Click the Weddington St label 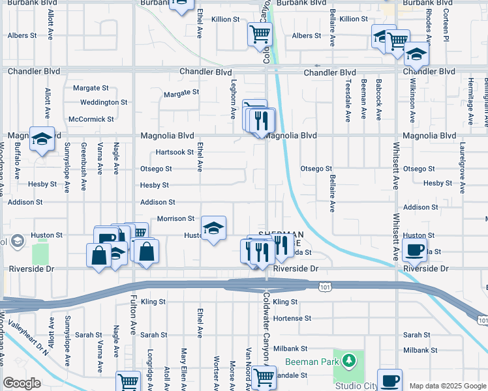click(x=104, y=102)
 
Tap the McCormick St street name click(x=91, y=119)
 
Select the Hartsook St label click(x=175, y=152)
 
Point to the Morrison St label click(x=175, y=219)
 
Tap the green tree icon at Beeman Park click(x=349, y=360)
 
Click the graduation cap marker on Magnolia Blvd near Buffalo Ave click(x=42, y=139)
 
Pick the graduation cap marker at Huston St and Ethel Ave click(x=213, y=228)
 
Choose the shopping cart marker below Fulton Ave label click(x=128, y=382)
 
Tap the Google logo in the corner click(x=22, y=383)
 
